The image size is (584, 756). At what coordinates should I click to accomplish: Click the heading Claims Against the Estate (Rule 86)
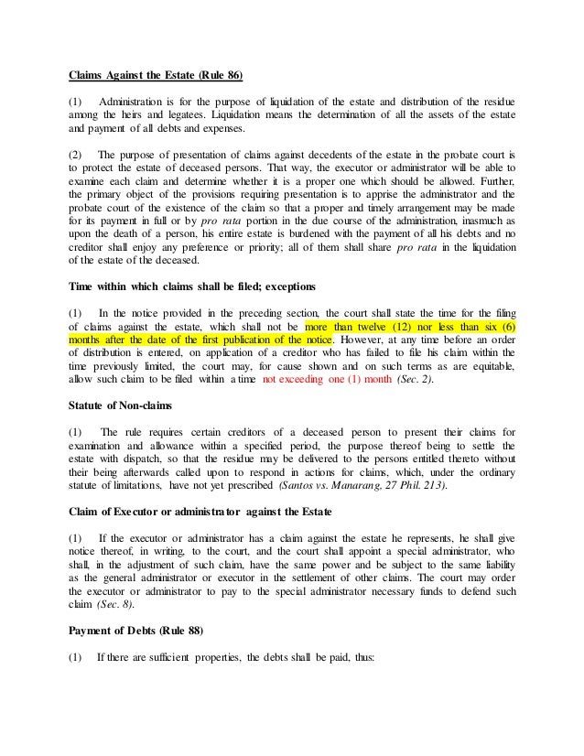coord(159,75)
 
